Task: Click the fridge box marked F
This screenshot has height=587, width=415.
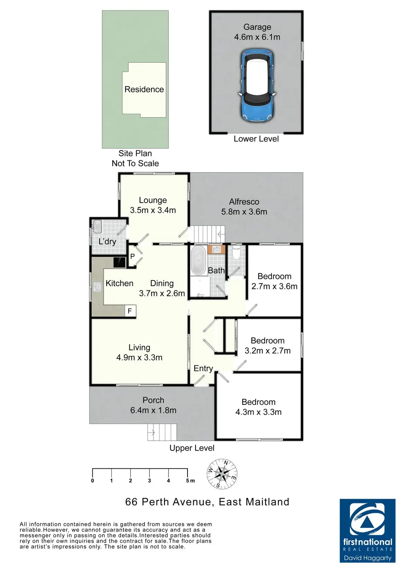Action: tap(130, 311)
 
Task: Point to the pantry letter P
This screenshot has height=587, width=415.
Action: tap(132, 257)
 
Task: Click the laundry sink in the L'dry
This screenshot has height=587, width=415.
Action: tap(97, 226)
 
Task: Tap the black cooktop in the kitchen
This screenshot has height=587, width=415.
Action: tap(120, 262)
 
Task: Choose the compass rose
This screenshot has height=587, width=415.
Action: tap(222, 474)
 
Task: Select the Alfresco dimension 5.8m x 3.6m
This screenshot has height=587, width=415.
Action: tap(244, 212)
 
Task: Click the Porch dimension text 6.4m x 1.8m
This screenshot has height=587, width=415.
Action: tap(153, 410)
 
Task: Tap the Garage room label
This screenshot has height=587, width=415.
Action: tap(257, 27)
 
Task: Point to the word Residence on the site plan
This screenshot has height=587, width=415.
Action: tap(144, 90)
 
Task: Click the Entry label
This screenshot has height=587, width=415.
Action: tap(203, 369)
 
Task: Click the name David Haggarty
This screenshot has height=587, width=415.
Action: tap(368, 558)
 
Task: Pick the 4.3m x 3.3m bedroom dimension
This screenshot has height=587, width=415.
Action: tap(258, 412)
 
